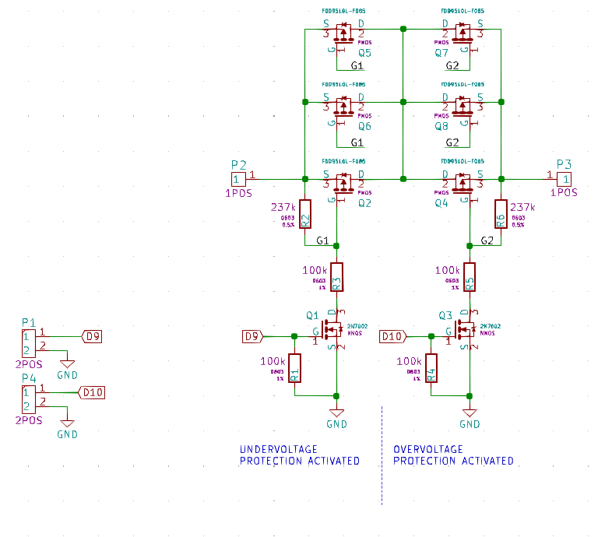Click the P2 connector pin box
[x=237, y=179]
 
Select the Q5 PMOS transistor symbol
[x=343, y=33]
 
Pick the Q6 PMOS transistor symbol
[x=343, y=106]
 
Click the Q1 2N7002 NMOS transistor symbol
[x=332, y=331]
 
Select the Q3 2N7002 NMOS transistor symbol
[x=466, y=331]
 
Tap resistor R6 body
[x=501, y=214]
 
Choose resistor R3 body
[x=336, y=277]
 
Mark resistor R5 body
[x=470, y=277]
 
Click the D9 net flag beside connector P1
[x=93, y=337]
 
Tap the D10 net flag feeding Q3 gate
[x=392, y=336]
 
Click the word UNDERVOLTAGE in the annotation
[x=278, y=449]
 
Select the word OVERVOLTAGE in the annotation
[x=428, y=449]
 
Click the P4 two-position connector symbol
[x=29, y=399]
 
